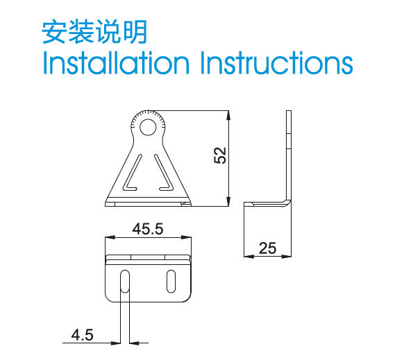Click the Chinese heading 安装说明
click(x=94, y=32)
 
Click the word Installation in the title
click(x=116, y=62)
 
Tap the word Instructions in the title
click(x=276, y=62)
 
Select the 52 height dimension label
click(x=220, y=155)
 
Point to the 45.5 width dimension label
click(x=148, y=229)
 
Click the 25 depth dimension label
click(x=268, y=248)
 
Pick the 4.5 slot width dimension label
click(x=83, y=335)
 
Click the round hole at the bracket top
click(x=148, y=127)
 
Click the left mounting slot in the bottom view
click(x=125, y=282)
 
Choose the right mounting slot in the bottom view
click(x=171, y=282)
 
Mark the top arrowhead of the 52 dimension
click(x=228, y=115)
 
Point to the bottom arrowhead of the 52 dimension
click(x=228, y=201)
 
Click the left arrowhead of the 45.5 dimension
click(x=110, y=237)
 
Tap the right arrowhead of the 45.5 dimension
click(x=186, y=237)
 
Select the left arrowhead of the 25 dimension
click(x=249, y=256)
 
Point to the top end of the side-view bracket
click(x=289, y=111)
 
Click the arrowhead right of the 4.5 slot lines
click(x=134, y=343)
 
